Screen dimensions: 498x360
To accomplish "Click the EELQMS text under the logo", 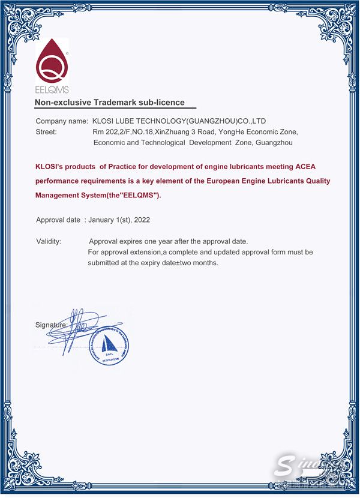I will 52,91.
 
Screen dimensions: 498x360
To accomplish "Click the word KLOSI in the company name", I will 102,121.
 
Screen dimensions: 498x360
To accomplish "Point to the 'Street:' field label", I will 46,132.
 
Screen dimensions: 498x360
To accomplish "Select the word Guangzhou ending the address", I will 274,143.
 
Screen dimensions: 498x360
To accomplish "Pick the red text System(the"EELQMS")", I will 122,195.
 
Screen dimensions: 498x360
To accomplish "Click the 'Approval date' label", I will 58,220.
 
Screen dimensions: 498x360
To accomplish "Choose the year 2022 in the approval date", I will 142,220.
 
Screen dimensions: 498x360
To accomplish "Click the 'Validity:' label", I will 49,241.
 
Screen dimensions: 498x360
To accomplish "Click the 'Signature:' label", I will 51,325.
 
